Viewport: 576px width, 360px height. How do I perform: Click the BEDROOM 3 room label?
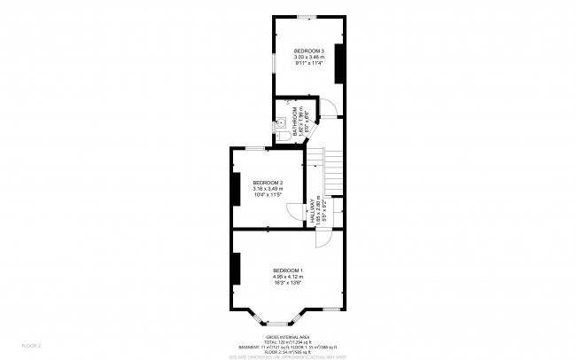coord(309,51)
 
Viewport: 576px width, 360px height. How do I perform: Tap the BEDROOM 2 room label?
coord(267,182)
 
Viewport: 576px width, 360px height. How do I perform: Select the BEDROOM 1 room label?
coord(288,270)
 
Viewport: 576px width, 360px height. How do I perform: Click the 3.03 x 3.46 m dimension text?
coord(309,58)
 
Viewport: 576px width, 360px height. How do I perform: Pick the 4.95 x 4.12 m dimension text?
coord(288,276)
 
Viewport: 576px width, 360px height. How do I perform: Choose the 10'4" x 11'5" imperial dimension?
coord(267,194)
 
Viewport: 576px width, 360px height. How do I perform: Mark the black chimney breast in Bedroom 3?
coord(339,62)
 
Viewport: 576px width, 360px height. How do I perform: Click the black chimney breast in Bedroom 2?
coord(235,188)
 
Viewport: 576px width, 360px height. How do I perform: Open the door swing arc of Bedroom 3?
coord(328,108)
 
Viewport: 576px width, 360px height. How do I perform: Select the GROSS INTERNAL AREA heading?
coord(287,337)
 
